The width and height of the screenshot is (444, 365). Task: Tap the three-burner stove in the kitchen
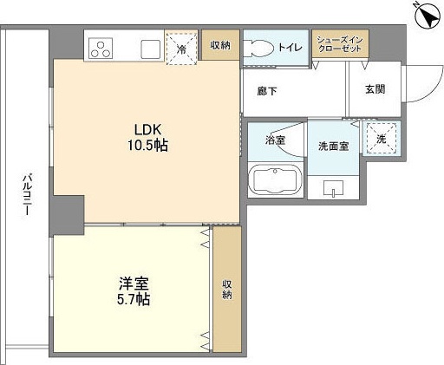(101, 49)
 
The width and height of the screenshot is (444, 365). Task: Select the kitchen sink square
(150, 49)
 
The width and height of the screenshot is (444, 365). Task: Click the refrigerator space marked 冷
(182, 49)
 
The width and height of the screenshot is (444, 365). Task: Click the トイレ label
(290, 48)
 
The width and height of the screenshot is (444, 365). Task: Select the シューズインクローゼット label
(340, 44)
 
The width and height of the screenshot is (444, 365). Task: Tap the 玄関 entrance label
(375, 89)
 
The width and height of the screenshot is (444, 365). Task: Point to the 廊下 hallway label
(267, 91)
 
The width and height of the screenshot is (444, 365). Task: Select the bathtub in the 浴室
(275, 179)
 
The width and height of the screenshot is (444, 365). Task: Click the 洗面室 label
(333, 147)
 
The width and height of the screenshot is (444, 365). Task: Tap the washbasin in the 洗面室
(333, 188)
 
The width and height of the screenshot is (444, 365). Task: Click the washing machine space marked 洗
(382, 139)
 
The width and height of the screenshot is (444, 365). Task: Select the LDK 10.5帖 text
(147, 137)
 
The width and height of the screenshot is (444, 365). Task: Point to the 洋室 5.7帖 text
(134, 291)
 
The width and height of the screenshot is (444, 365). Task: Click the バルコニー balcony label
(27, 194)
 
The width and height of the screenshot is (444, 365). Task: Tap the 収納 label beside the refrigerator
(220, 45)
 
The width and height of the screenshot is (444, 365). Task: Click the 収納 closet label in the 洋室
(227, 290)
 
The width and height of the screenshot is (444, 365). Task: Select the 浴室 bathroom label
(276, 140)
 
